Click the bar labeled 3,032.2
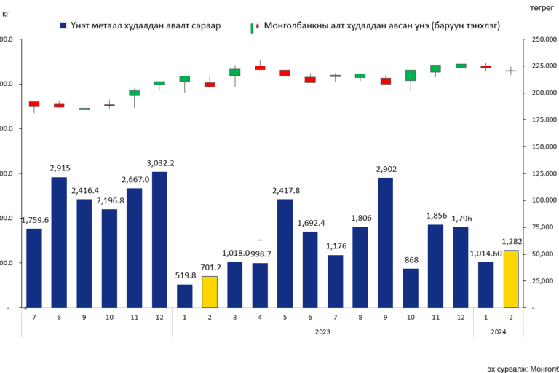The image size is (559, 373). click(159, 240)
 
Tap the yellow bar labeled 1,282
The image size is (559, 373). click(512, 279)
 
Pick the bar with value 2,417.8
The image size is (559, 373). click(285, 254)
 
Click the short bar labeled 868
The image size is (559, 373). click(411, 288)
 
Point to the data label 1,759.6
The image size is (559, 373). click(34, 220)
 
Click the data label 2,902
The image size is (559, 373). click(386, 169)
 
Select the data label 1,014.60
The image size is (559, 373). click(485, 254)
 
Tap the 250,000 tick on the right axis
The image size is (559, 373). click(538, 39)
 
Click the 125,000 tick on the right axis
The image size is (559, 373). click(538, 174)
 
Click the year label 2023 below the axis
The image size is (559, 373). click(322, 331)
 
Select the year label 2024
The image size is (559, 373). click(499, 331)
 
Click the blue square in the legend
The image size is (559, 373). click(64, 25)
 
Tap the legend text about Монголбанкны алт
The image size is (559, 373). click(381, 25)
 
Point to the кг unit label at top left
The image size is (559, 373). click(7, 15)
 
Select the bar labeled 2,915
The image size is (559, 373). click(59, 243)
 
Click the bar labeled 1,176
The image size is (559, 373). click(336, 281)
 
